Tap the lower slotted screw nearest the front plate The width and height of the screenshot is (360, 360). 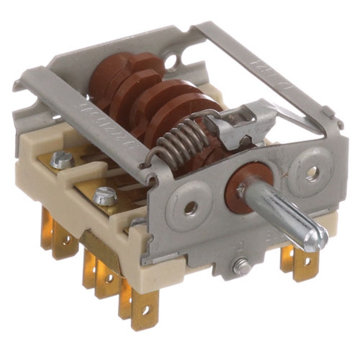coord(105,197)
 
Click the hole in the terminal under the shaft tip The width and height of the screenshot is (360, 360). coord(306,262)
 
